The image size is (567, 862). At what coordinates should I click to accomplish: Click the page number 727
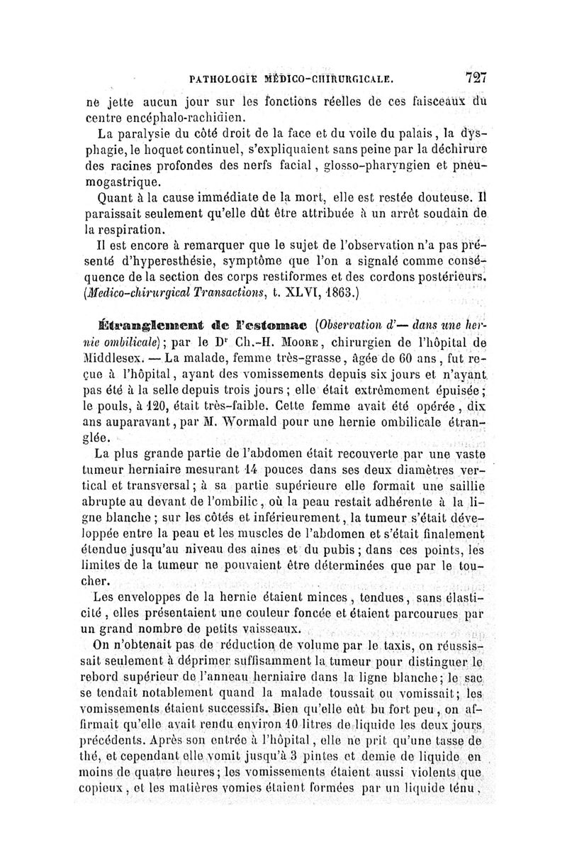480,77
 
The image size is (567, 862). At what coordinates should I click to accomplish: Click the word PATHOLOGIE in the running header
220,78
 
